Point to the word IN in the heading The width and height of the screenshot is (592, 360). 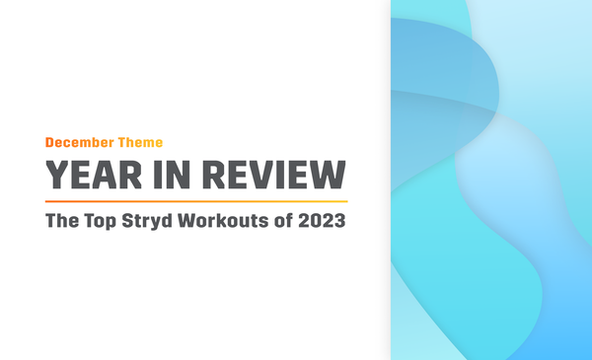[x=173, y=175]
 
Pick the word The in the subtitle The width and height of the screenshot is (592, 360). [x=62, y=221]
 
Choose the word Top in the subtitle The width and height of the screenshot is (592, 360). [x=101, y=221]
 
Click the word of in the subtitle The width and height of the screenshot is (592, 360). [x=286, y=221]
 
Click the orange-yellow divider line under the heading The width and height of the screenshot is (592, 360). [x=197, y=200]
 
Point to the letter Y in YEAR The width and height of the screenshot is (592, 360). [x=57, y=175]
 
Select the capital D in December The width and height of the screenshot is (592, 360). [x=50, y=143]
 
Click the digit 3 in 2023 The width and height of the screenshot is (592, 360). [x=340, y=221]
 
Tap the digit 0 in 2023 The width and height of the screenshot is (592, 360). [x=318, y=221]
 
